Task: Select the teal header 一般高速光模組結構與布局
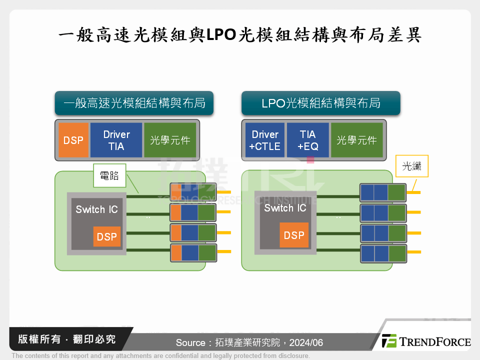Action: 134,103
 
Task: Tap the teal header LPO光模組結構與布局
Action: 320,103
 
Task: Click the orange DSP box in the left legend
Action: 73,140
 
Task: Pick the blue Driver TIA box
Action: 116,140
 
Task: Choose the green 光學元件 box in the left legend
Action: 170,140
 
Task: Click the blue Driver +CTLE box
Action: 265,140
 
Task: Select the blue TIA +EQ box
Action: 307,140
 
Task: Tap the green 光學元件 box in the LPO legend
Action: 356,140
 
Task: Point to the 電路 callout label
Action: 109,175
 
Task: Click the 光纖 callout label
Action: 411,167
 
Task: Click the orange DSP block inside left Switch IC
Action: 106,236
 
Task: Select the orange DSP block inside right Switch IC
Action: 294,235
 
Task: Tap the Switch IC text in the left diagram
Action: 96,209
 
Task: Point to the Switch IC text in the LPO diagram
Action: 285,208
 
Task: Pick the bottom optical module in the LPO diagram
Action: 382,253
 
